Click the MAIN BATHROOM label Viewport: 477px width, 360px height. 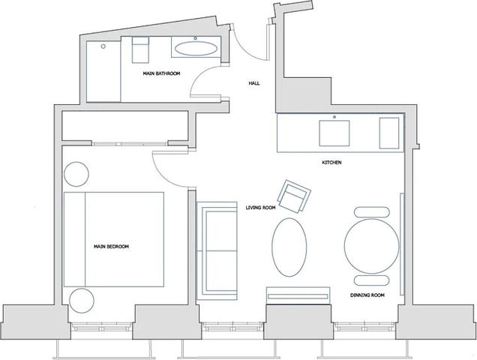(162, 73)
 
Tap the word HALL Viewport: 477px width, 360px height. (254, 84)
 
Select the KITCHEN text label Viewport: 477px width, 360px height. (332, 163)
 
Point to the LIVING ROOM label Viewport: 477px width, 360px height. (262, 207)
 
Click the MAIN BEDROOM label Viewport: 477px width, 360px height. (112, 246)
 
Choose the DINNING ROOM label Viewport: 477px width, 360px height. (367, 295)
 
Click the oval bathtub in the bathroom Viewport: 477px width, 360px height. (197, 49)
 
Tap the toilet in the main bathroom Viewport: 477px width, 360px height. (140, 50)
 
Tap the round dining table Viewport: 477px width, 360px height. (372, 245)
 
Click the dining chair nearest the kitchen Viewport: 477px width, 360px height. (372, 211)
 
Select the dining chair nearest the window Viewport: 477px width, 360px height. (372, 280)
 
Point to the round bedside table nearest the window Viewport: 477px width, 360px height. (81, 300)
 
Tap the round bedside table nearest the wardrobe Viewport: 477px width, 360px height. (76, 174)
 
